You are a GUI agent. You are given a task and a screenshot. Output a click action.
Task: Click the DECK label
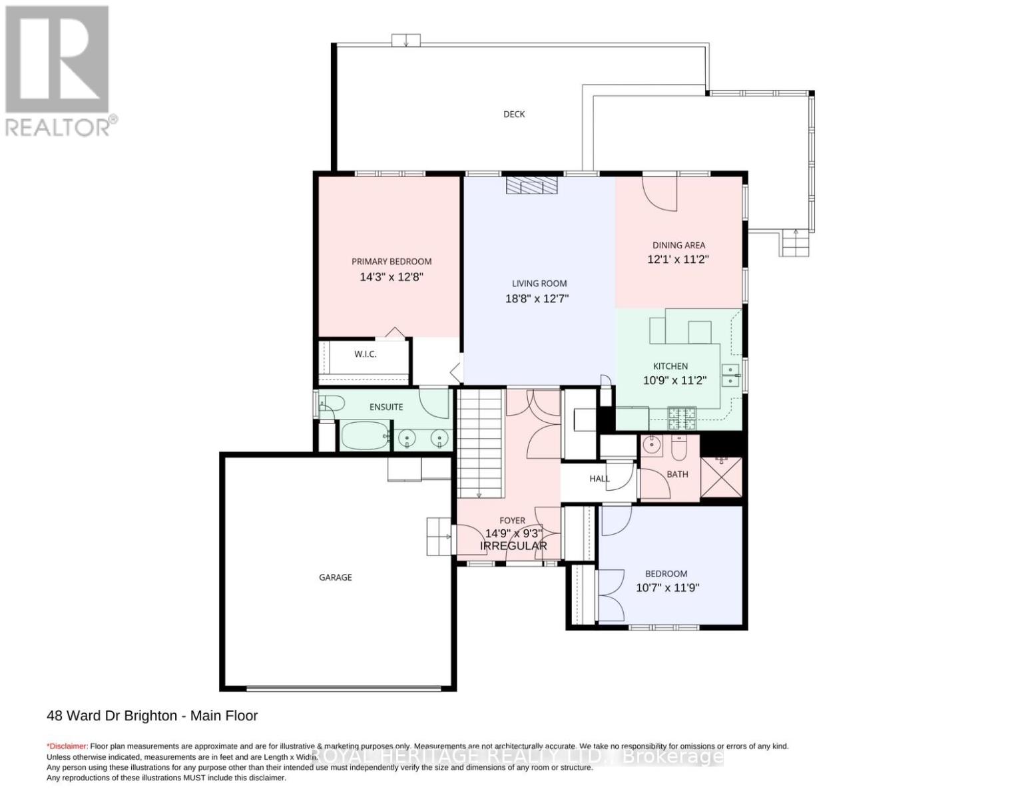click(x=513, y=114)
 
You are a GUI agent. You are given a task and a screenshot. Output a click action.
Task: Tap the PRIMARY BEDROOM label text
click(x=391, y=262)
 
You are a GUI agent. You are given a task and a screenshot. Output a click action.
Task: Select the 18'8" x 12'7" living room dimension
click(x=537, y=299)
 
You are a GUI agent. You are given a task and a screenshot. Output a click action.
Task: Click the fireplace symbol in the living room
click(x=531, y=185)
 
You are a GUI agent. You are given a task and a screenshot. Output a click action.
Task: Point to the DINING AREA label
click(x=678, y=245)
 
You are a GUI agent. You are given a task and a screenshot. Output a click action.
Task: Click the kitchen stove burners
click(x=682, y=419)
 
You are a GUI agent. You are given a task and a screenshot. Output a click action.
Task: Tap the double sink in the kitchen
click(x=730, y=376)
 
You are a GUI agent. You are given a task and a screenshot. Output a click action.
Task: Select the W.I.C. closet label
click(x=365, y=354)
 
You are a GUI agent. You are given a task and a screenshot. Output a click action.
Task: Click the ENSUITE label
click(x=386, y=407)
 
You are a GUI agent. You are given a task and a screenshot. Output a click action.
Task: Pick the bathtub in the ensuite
click(x=364, y=436)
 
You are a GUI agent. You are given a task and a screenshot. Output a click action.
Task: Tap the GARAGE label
click(x=335, y=577)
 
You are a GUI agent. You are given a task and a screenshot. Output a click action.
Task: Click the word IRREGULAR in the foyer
click(x=513, y=546)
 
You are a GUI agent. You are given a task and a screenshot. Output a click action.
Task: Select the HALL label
click(x=599, y=479)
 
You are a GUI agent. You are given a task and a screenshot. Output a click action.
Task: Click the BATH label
click(x=677, y=474)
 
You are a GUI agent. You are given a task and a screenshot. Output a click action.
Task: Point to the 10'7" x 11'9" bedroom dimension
click(x=667, y=588)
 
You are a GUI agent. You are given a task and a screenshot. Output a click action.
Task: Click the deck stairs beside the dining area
click(x=795, y=243)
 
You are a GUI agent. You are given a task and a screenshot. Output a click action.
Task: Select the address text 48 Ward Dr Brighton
click(x=112, y=716)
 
